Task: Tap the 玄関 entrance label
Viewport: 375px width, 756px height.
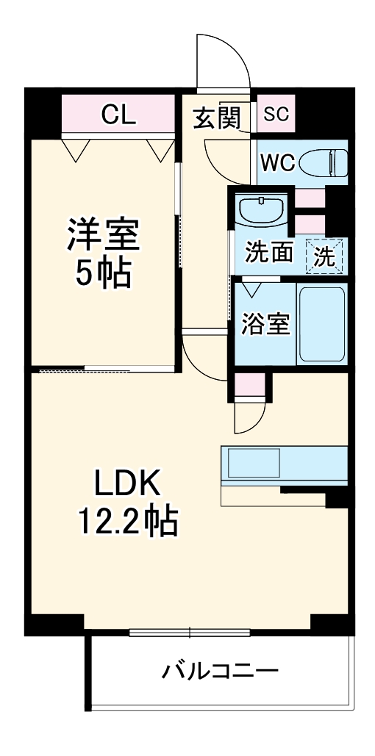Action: tap(217, 117)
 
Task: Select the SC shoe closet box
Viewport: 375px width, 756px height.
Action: tap(276, 114)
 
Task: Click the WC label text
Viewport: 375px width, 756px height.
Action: tap(277, 163)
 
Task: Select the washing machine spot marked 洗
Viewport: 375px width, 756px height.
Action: tap(324, 256)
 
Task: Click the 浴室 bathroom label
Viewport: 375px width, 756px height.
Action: tap(265, 323)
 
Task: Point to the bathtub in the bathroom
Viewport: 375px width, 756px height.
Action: tap(321, 323)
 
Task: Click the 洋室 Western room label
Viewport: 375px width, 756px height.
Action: tap(103, 235)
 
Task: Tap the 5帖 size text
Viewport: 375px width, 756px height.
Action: tap(103, 273)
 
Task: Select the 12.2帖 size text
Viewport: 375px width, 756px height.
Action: tap(126, 522)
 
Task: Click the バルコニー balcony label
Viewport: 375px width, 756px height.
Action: tap(221, 670)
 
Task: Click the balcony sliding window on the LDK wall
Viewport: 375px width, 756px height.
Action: tap(190, 632)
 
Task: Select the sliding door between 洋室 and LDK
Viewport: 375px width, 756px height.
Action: tap(103, 370)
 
